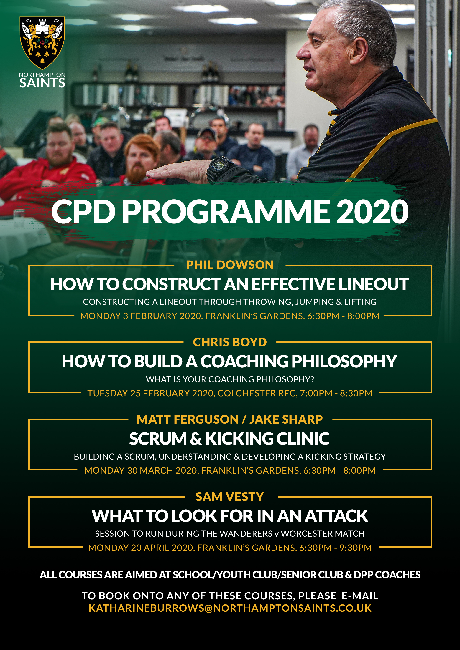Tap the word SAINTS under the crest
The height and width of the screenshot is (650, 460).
click(42, 83)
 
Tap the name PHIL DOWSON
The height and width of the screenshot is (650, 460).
click(230, 265)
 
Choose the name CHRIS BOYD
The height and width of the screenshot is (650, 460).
click(230, 342)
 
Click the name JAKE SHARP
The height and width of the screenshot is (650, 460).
click(286, 419)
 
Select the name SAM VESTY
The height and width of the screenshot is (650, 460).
click(230, 497)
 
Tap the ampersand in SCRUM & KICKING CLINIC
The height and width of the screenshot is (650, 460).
click(195, 439)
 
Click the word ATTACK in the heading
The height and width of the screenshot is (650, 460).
click(336, 516)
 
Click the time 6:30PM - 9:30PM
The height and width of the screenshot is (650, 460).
click(335, 548)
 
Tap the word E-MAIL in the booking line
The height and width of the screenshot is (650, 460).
click(360, 596)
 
